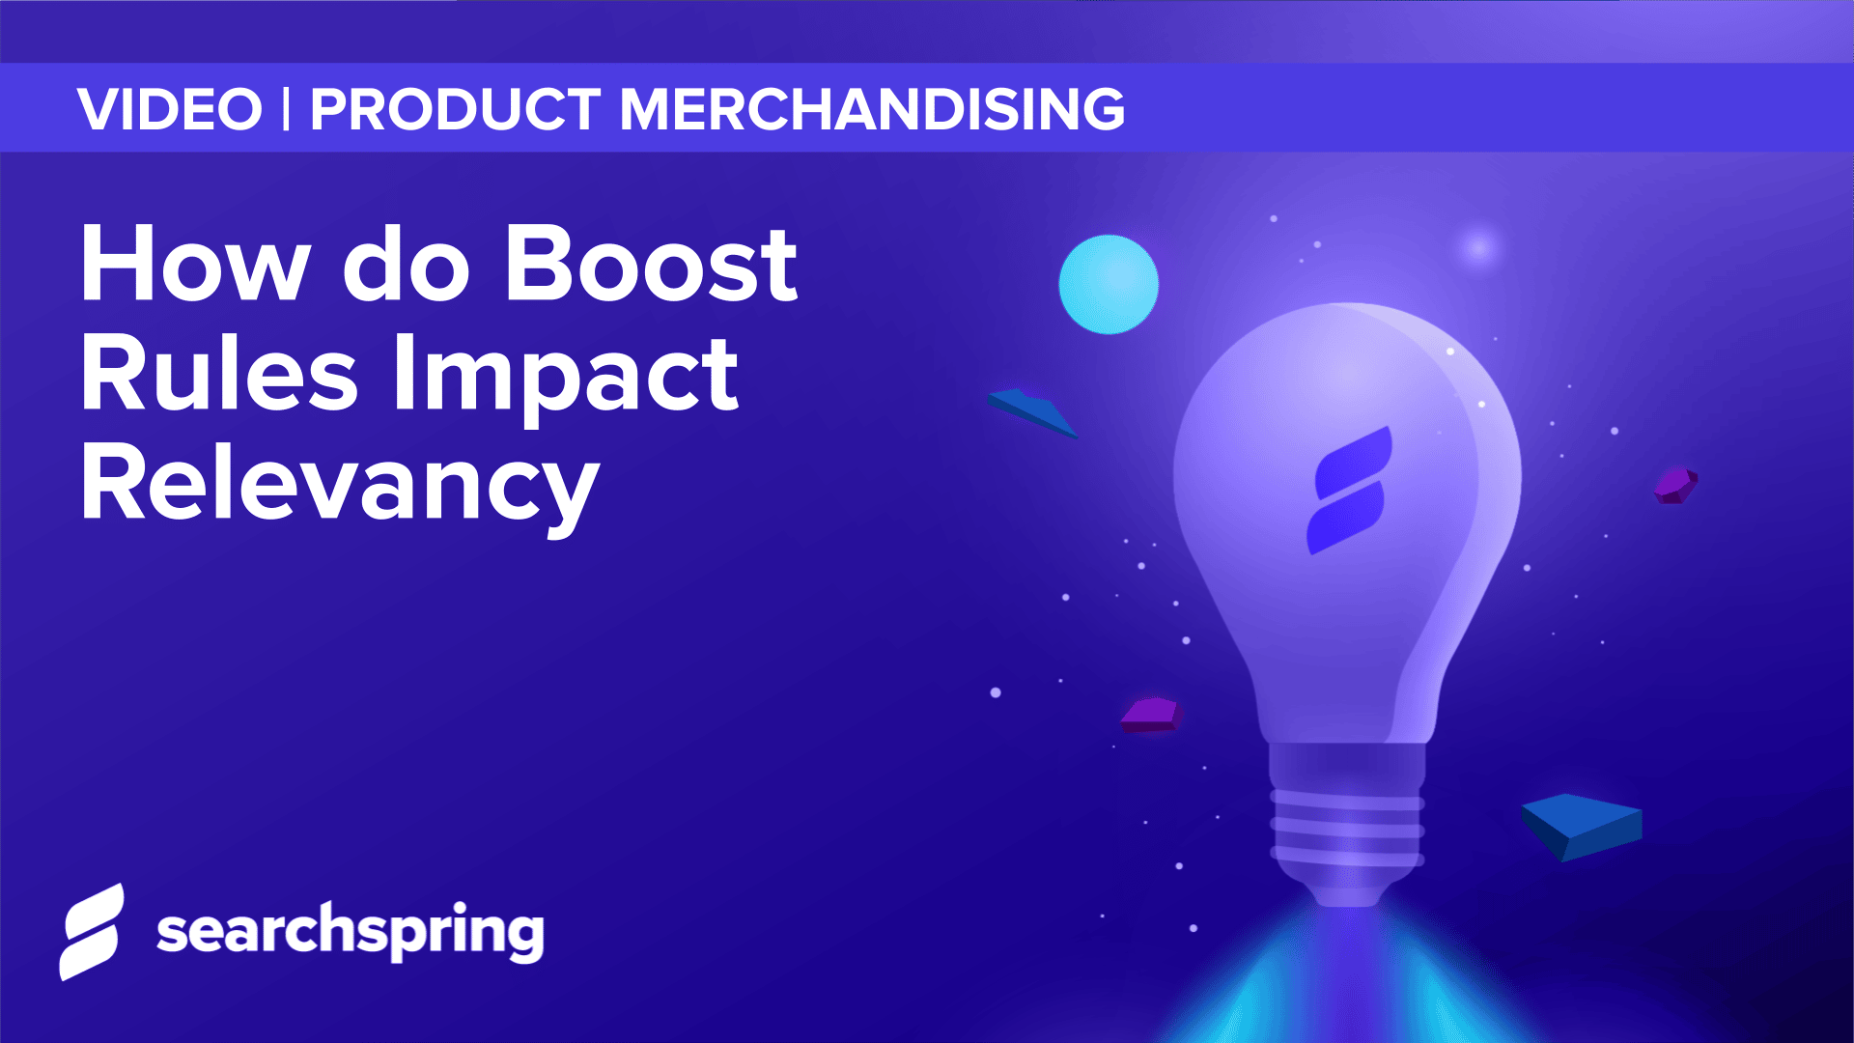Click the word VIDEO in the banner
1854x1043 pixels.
pyautogui.click(x=170, y=109)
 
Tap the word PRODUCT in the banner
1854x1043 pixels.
pyautogui.click(x=455, y=109)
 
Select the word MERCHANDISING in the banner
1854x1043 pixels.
pyautogui.click(x=872, y=109)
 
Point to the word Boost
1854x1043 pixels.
pyautogui.click(x=651, y=265)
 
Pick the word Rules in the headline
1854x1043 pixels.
pyautogui.click(x=219, y=375)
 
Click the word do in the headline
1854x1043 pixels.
pyautogui.click(x=407, y=265)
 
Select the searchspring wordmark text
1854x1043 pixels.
pyautogui.click(x=351, y=932)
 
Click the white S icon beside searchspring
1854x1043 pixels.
pyautogui.click(x=93, y=932)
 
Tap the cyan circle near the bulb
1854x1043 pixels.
pyautogui.click(x=1109, y=285)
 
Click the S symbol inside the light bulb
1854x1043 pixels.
pyautogui.click(x=1350, y=491)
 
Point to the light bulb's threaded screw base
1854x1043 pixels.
pyautogui.click(x=1348, y=826)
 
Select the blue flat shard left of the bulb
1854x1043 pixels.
pyautogui.click(x=1031, y=411)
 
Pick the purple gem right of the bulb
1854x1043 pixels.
pyautogui.click(x=1675, y=485)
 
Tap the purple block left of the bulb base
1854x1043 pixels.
pyautogui.click(x=1150, y=715)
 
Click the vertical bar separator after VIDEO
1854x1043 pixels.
pyautogui.click(x=287, y=109)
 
